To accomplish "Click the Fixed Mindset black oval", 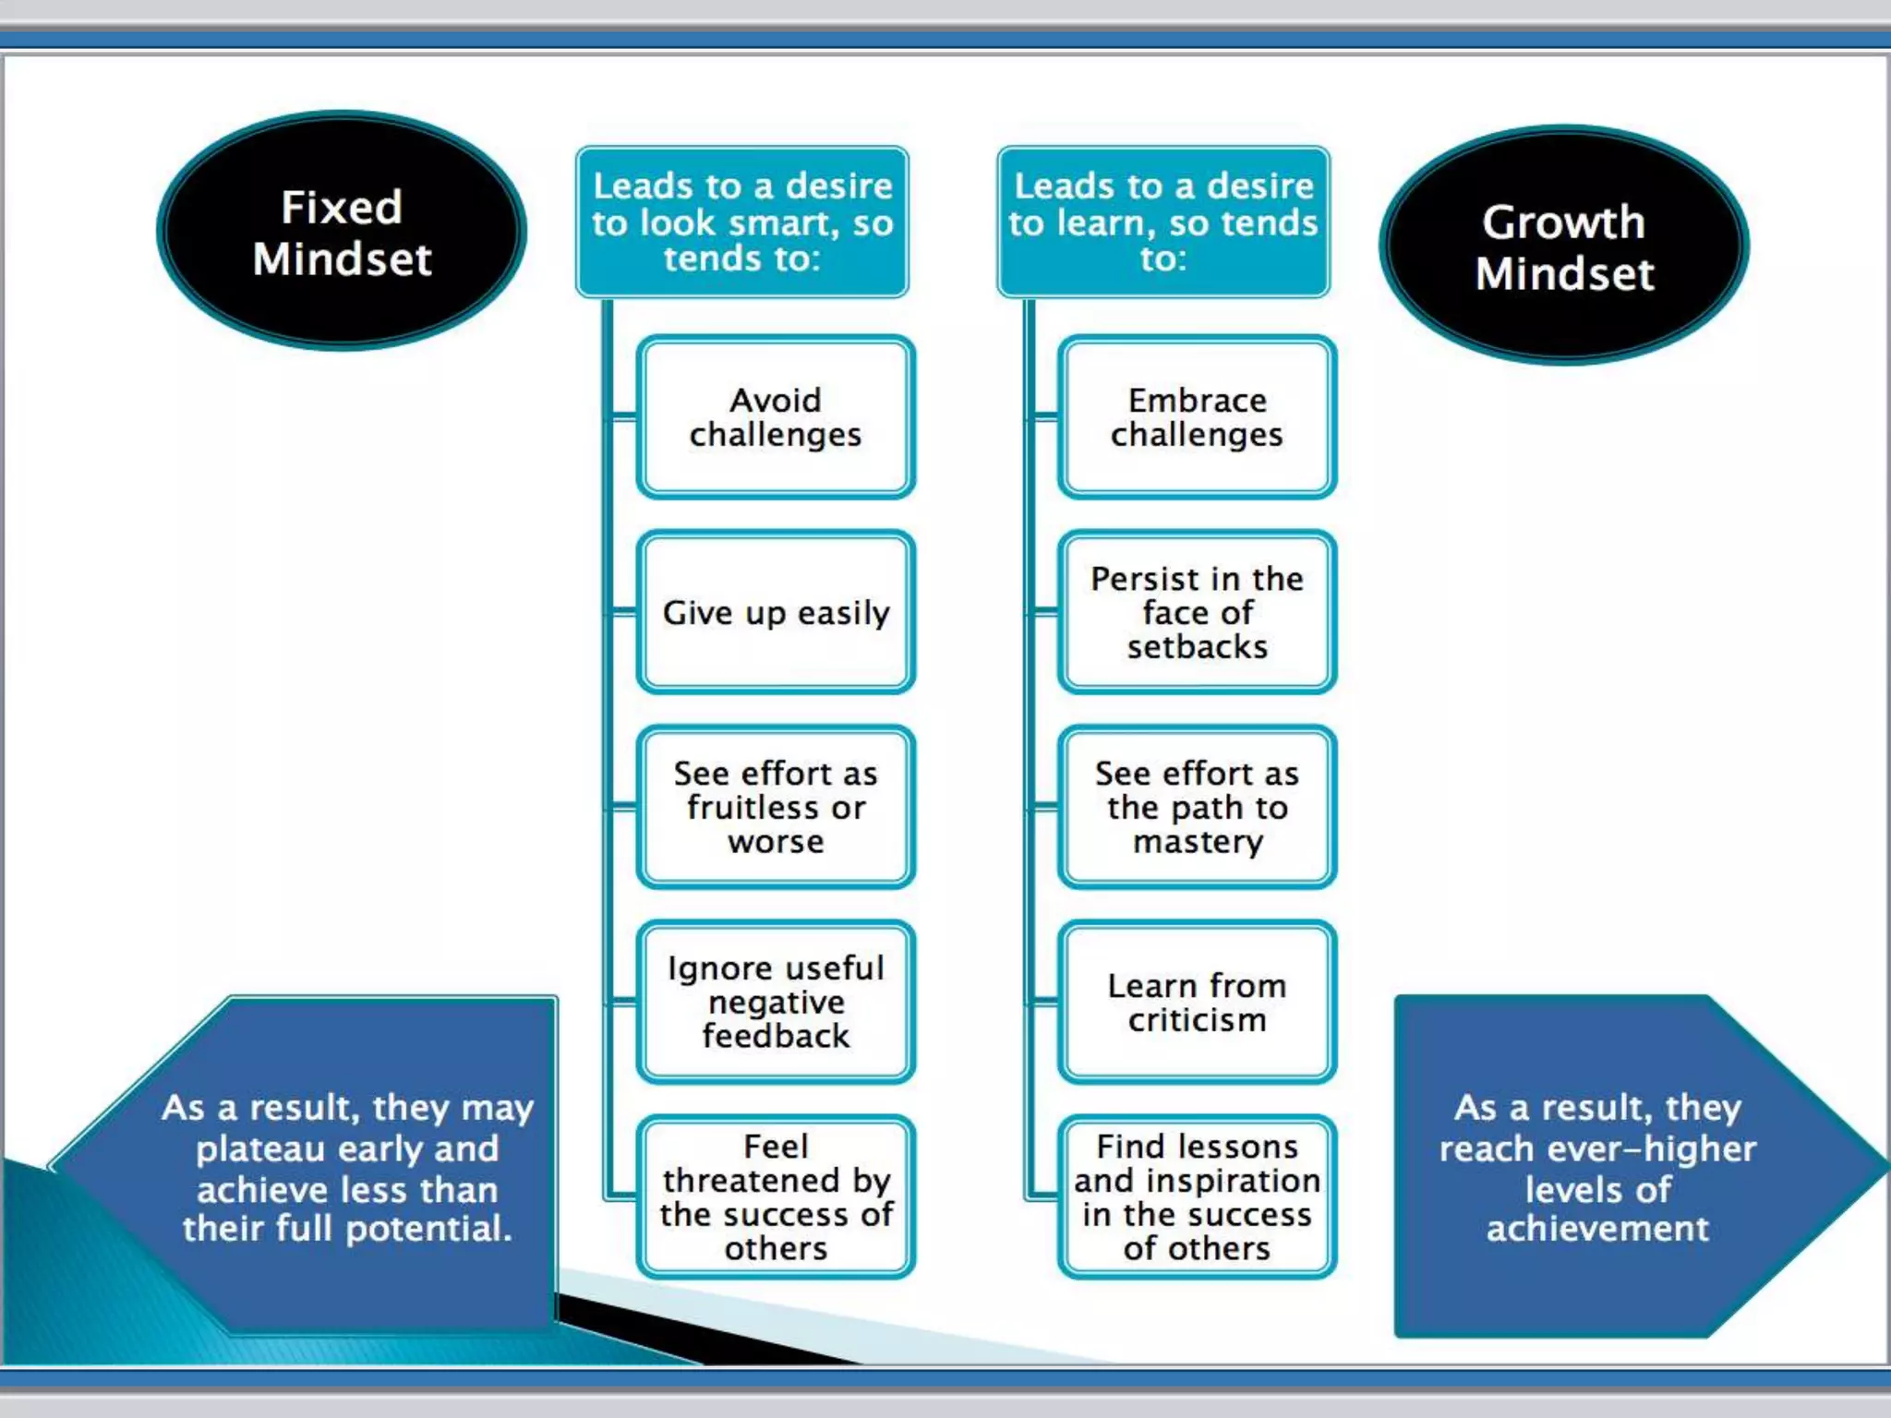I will pos(342,231).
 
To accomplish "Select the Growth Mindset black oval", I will pos(1564,246).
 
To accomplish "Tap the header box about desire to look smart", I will pos(742,222).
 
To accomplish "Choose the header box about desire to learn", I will pos(1163,222).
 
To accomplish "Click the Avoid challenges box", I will pos(776,417).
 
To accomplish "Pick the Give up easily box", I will pos(776,612).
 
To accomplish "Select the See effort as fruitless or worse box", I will pos(776,807).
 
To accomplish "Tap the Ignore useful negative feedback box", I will pos(776,1002).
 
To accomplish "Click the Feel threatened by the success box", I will pos(776,1196).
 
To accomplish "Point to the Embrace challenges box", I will pos(1197,417).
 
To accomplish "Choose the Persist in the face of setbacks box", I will pos(1197,612).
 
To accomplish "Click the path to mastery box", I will pos(1197,807).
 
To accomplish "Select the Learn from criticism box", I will pos(1197,1002).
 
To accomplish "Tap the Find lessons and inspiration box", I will pos(1197,1196).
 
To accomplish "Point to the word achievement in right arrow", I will pos(1597,1229).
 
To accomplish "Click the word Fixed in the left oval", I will pos(342,207).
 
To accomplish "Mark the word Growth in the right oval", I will pos(1563,222).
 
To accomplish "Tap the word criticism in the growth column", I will pos(1197,1020).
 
